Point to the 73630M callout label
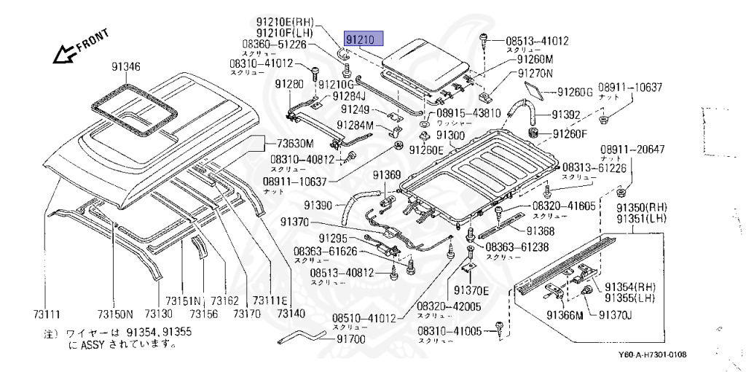(x=289, y=143)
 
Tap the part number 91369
(x=388, y=174)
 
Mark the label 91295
(x=332, y=239)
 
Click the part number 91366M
(x=565, y=314)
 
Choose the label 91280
(x=288, y=85)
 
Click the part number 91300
(x=450, y=136)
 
